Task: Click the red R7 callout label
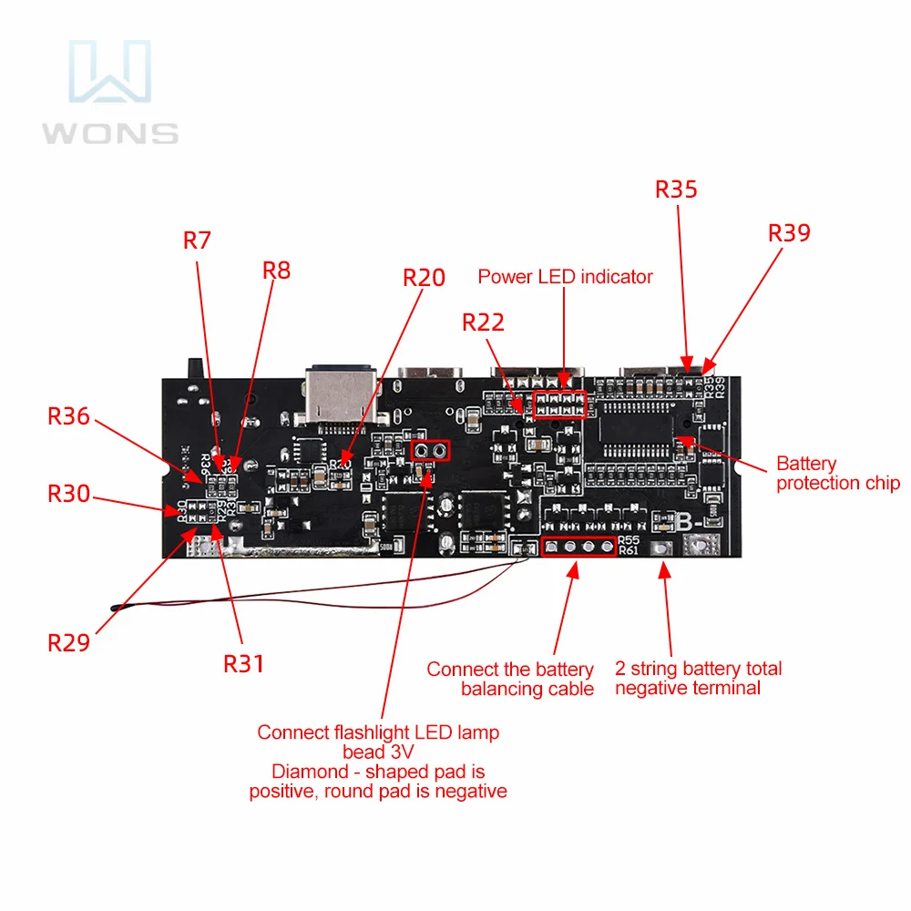click(x=197, y=241)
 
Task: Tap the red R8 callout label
click(x=277, y=271)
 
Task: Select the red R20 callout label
click(x=425, y=278)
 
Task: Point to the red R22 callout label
click(x=483, y=322)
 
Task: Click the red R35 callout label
click(x=676, y=189)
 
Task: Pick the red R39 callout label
click(x=789, y=233)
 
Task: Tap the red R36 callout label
click(x=69, y=416)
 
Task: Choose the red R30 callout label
click(x=69, y=495)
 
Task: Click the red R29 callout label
click(x=69, y=642)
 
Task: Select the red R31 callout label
click(x=244, y=663)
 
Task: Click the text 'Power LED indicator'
click(x=565, y=276)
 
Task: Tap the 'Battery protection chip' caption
click(x=837, y=474)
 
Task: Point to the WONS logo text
click(x=109, y=133)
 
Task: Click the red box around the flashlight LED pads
click(x=431, y=449)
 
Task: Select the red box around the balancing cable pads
click(x=578, y=548)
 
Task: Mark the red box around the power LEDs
click(x=558, y=404)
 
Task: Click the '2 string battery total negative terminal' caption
click(x=698, y=679)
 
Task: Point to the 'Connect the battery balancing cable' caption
click(x=510, y=680)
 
